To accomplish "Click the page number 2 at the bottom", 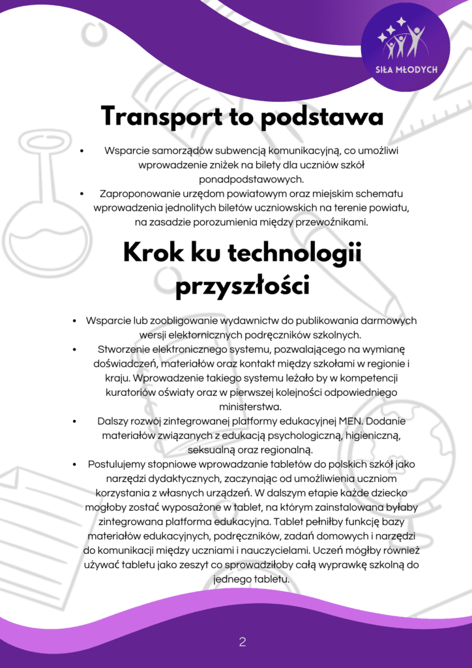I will [242, 643].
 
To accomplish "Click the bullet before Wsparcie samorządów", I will [81, 151].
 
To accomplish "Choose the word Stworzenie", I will [126, 349].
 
